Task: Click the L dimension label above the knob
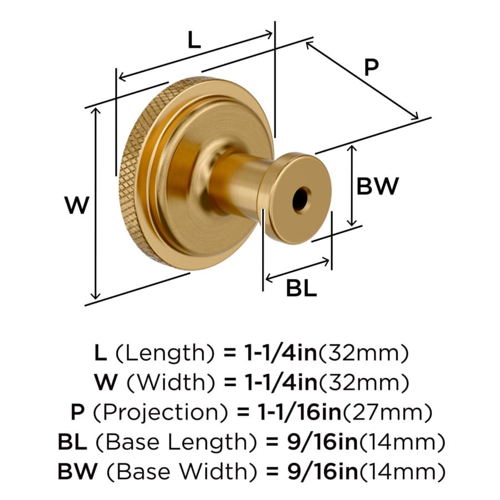194,41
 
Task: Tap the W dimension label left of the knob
77,205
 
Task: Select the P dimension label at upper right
371,67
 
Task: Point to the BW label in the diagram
378,186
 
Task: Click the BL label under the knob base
301,288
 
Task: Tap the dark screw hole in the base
301,201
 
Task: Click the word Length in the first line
165,353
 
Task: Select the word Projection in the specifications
161,412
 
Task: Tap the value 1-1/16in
299,412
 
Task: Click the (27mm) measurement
387,412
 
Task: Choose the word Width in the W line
171,382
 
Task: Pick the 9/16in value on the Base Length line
322,442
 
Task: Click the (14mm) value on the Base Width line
402,471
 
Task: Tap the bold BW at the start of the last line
77,472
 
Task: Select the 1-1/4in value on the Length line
281,353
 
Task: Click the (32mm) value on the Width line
363,382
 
